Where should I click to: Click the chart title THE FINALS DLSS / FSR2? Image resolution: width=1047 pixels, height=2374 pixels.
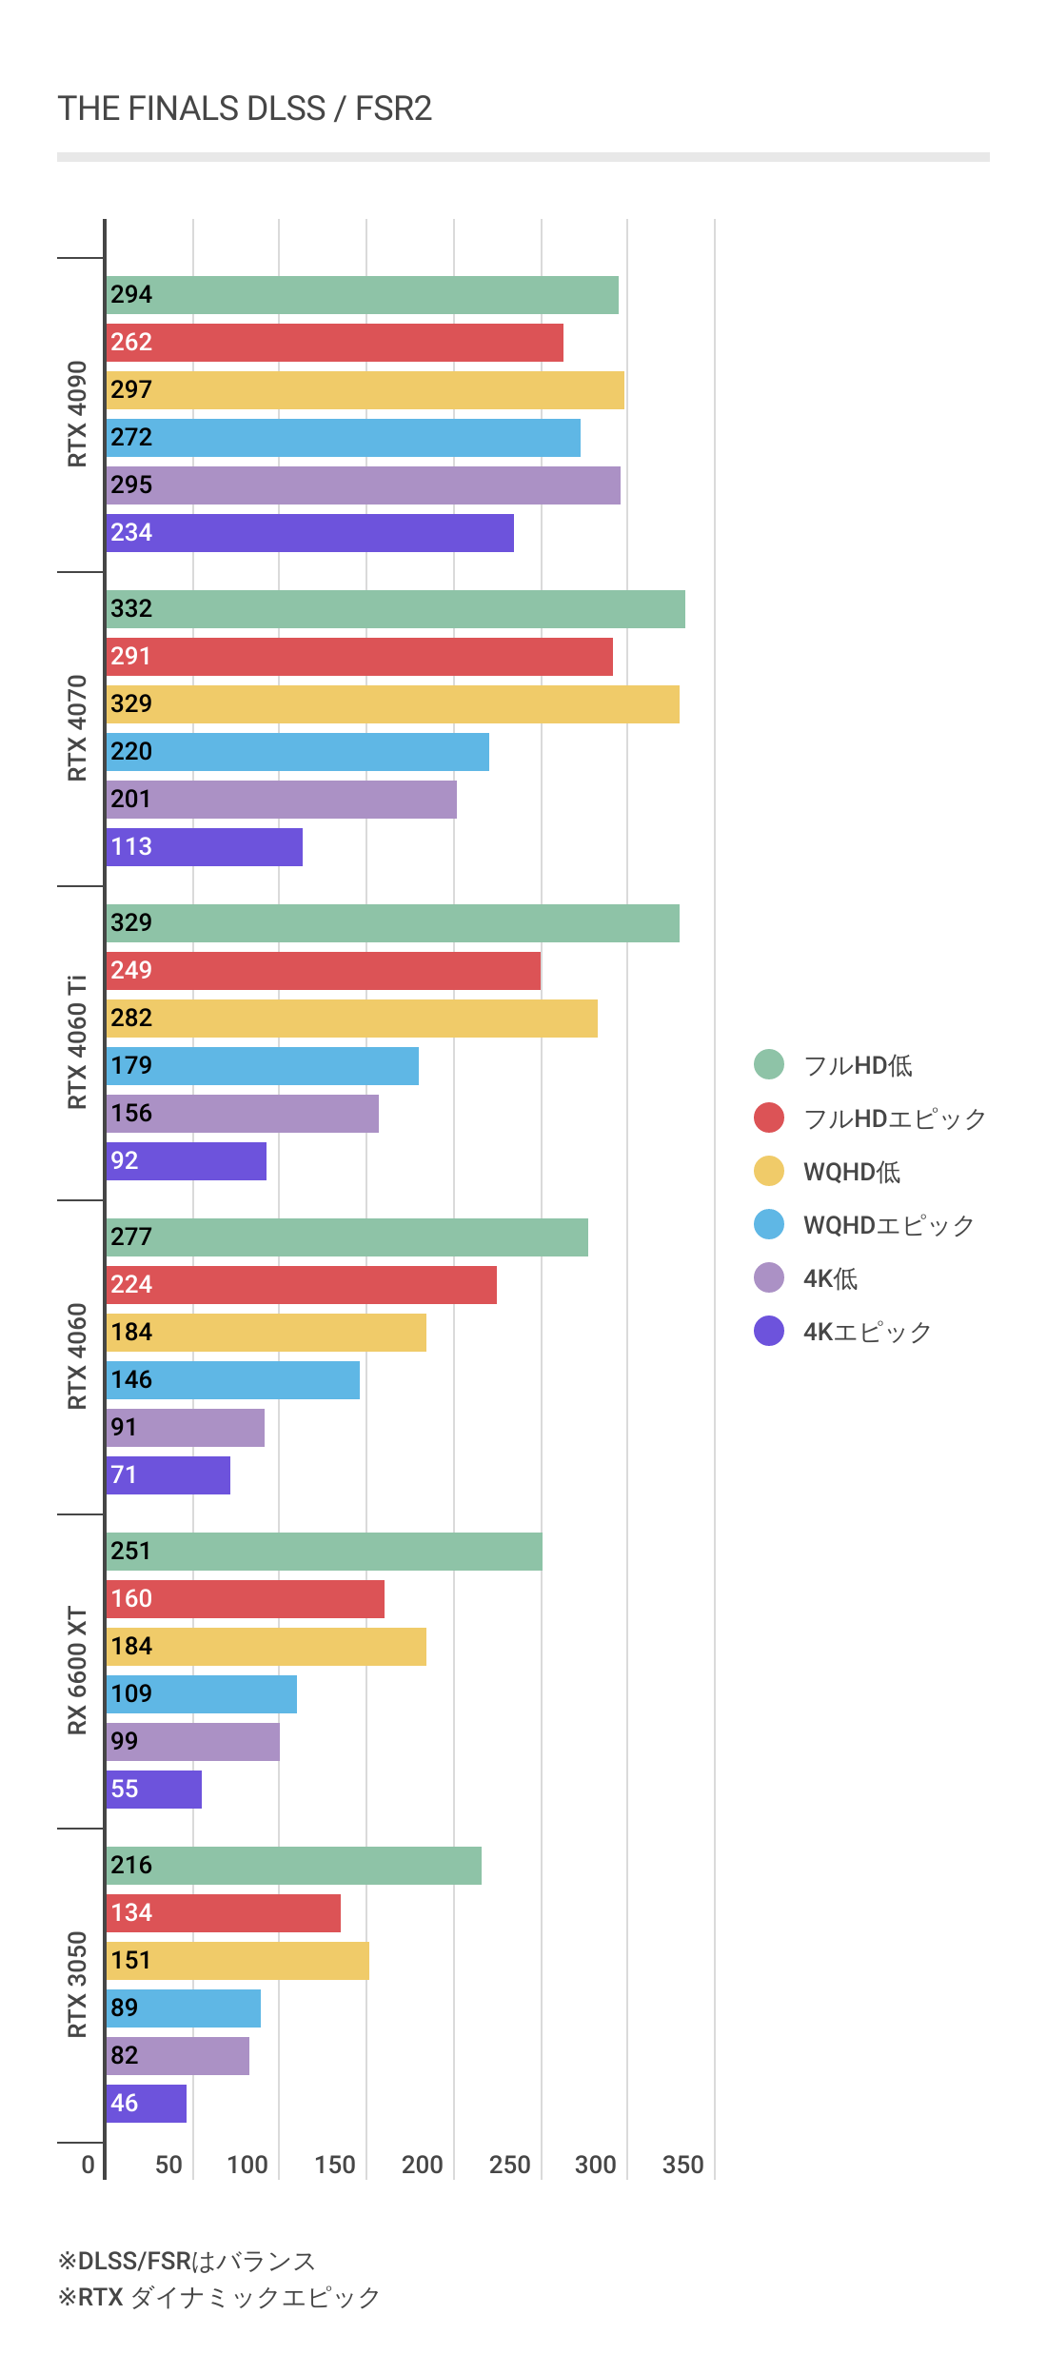[245, 109]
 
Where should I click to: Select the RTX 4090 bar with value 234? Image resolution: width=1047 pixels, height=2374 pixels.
[310, 533]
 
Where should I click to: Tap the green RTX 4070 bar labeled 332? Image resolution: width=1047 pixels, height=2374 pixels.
[396, 609]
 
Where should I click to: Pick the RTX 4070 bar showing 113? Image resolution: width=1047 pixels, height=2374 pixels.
[205, 847]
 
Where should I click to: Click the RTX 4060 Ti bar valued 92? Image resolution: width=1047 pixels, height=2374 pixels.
[187, 1161]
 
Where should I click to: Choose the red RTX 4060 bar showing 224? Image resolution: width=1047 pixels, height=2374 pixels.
[302, 1285]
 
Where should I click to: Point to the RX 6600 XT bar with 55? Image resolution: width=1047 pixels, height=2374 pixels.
[154, 1790]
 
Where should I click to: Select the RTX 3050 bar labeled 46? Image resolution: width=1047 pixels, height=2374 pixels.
[147, 2104]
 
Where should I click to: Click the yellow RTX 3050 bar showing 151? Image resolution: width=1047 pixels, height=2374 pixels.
[238, 1961]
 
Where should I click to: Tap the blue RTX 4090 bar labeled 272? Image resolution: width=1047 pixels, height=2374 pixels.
[344, 438]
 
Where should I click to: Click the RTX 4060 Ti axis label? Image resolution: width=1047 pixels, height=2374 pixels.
[77, 1042]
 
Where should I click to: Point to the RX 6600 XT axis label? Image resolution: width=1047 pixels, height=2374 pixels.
[77, 1671]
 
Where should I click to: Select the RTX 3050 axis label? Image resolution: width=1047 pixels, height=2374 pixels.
[77, 1985]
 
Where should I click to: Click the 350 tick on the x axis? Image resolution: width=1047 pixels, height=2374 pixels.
[682, 2165]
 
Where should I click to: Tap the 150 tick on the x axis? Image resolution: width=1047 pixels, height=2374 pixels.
[334, 2165]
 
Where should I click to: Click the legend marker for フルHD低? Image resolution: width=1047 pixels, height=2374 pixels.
[769, 1064]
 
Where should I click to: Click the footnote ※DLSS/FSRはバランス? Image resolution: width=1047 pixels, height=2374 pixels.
[187, 2261]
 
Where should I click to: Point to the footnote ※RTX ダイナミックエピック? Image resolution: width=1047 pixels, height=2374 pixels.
[219, 2297]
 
